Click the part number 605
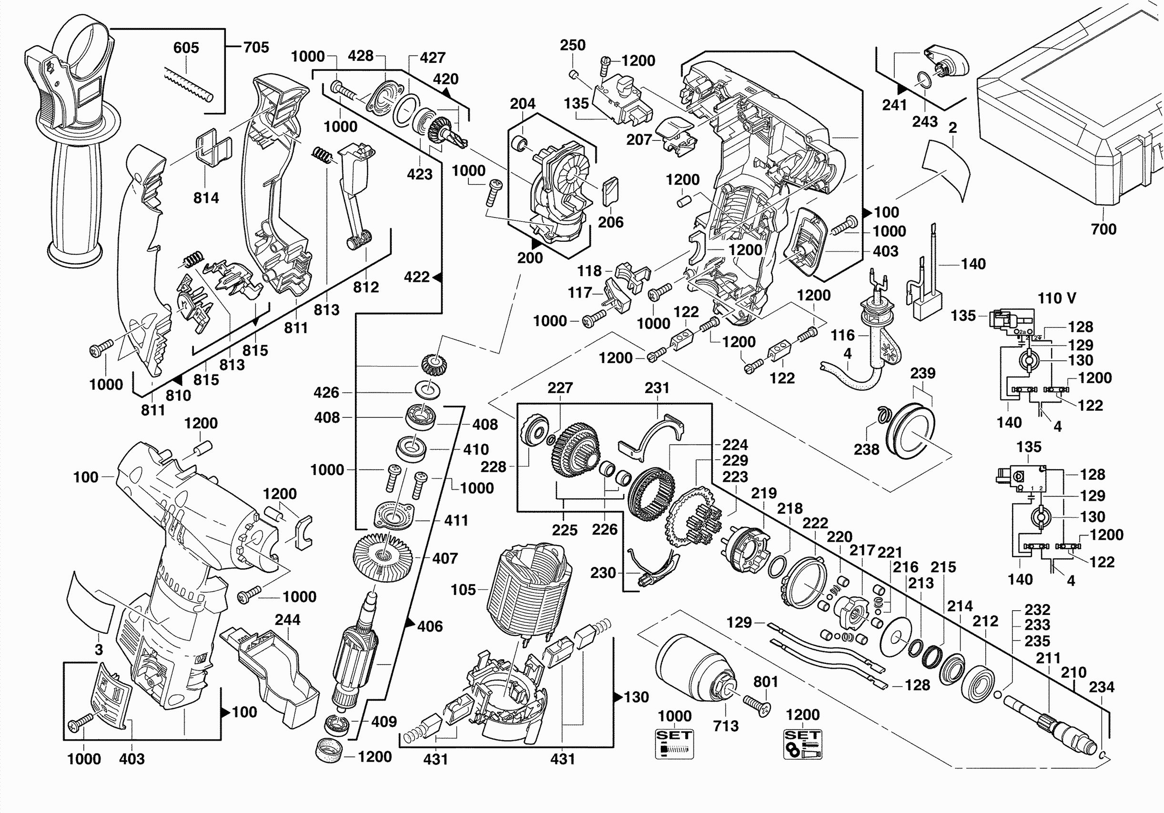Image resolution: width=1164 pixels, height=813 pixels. point(186,48)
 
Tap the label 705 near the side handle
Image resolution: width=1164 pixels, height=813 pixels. point(256,47)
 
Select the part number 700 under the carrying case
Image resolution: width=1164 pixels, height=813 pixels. point(1103,229)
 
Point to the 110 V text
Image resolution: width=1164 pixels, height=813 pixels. point(1056,298)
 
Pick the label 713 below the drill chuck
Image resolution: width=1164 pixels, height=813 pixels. point(726,726)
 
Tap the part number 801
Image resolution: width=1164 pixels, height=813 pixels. point(766,682)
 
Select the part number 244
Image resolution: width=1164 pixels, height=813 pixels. point(287,619)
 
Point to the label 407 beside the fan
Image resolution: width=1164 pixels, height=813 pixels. point(445,558)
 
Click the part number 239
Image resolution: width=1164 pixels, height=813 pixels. point(923,373)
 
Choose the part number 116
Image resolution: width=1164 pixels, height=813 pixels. point(842,335)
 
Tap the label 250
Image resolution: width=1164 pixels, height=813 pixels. point(572,45)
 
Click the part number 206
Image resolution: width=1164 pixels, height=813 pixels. point(610,222)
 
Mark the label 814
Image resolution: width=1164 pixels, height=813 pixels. point(206,198)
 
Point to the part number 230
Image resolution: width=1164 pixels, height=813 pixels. point(603,573)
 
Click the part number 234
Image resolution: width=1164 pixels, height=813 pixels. point(1102,687)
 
